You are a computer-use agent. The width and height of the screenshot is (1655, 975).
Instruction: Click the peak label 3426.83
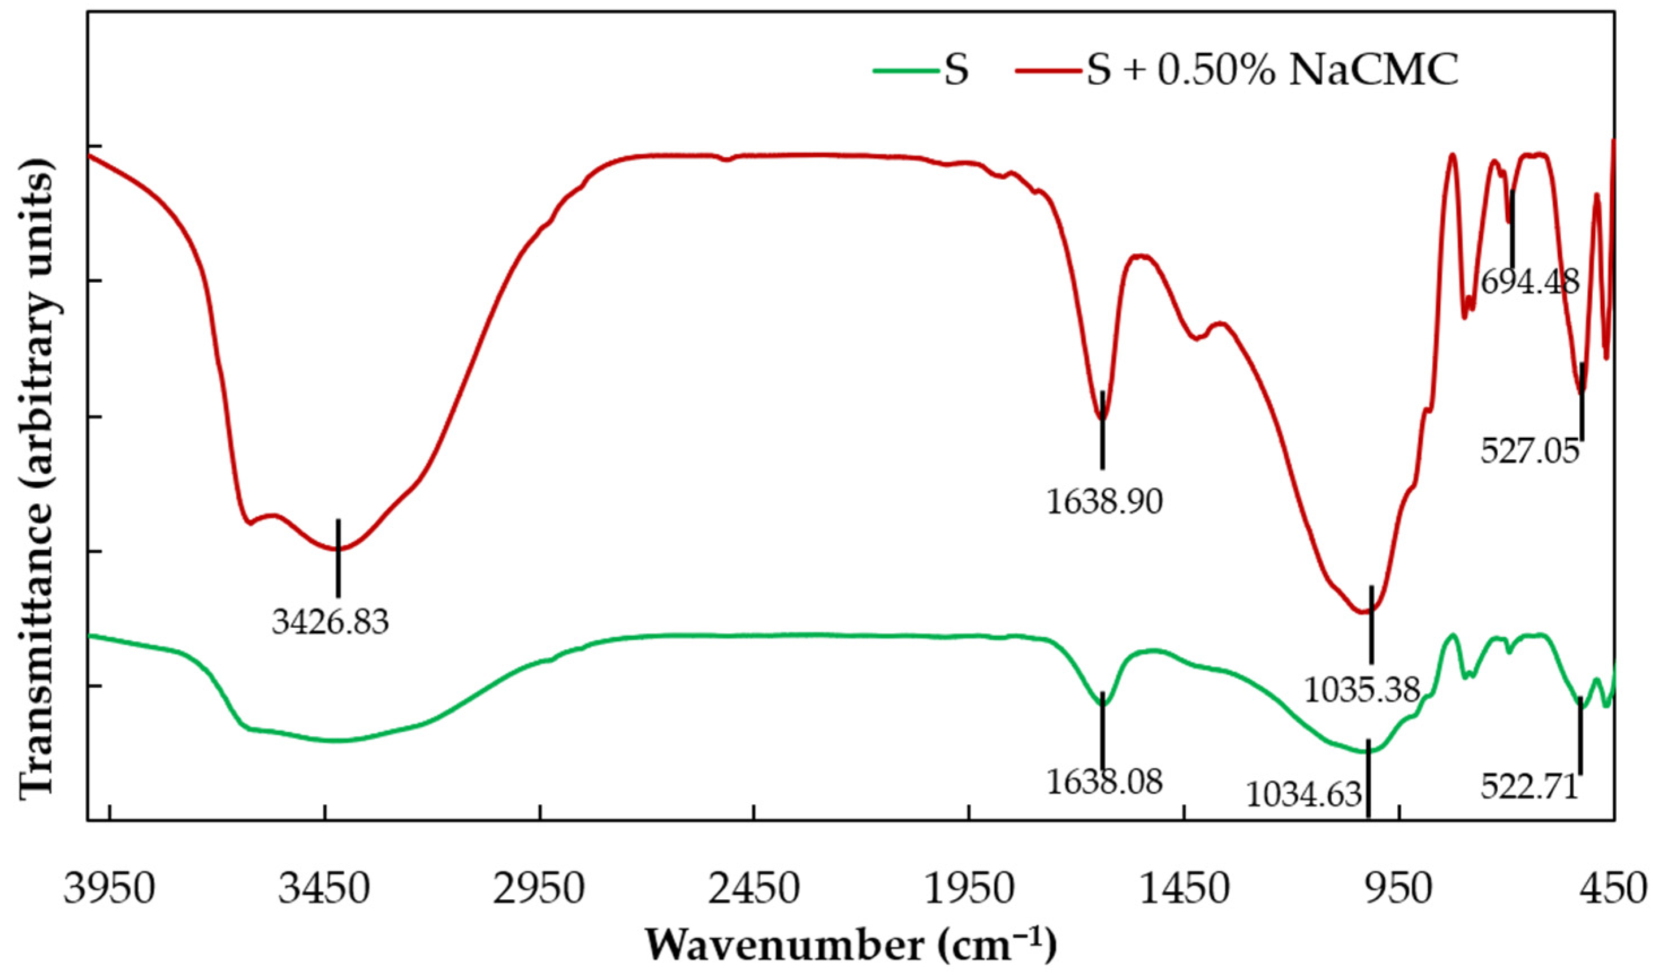330,622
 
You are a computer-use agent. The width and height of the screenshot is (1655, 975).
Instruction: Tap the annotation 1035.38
1362,690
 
